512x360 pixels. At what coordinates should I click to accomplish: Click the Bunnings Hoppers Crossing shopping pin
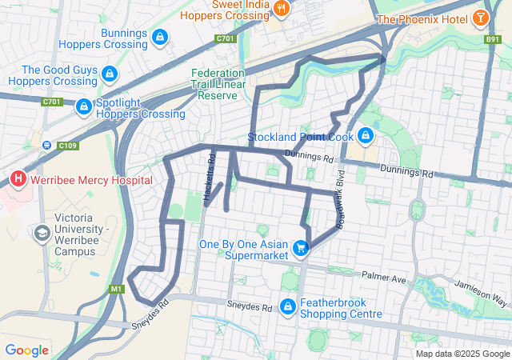coord(160,37)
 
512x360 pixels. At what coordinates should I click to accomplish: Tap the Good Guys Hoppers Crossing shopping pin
coord(110,75)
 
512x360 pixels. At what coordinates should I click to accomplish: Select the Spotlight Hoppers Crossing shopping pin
coord(83,106)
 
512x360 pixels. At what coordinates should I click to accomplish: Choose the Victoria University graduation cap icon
coord(41,234)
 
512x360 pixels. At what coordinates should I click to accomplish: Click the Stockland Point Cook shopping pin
coord(366,135)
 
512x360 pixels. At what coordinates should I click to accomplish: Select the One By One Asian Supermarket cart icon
coord(301,249)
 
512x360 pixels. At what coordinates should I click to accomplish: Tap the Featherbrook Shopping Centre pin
coord(288,307)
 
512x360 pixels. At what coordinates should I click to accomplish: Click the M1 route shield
coord(117,289)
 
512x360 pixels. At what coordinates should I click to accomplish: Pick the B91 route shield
coord(491,38)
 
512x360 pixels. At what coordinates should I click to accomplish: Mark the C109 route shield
coord(66,145)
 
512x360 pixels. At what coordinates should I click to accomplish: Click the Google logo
coord(26,350)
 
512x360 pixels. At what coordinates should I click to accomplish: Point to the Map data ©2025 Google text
coord(462,354)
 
